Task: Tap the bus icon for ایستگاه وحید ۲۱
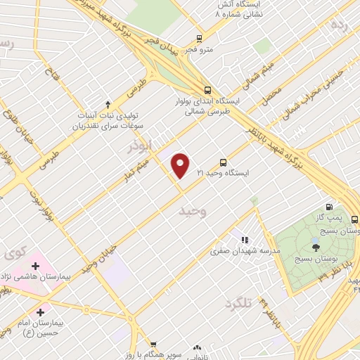point(224,162)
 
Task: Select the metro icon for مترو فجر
point(200,39)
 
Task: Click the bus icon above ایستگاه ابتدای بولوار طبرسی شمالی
point(207,90)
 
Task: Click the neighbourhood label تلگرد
point(237,304)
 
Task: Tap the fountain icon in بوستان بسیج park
point(316,246)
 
